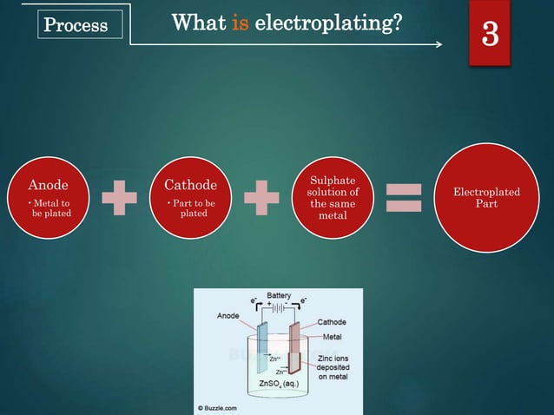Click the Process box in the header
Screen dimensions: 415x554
pos(76,25)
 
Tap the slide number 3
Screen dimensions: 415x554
pos(491,35)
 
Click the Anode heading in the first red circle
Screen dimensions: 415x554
pos(48,185)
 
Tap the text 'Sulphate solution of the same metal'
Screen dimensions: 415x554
pos(333,197)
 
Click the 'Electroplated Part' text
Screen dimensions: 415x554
pos(486,197)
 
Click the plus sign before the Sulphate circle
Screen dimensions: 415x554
pos(261,196)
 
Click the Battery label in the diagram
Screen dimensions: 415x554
pos(279,296)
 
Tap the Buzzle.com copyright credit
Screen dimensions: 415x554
pos(225,406)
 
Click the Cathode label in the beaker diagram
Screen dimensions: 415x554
pos(331,322)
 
